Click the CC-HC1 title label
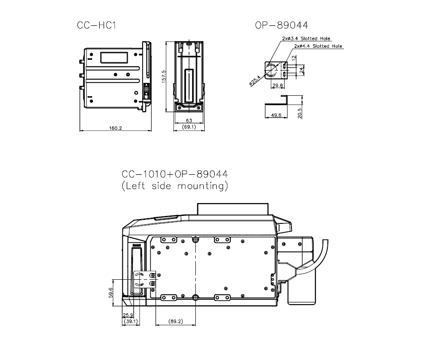point(97,26)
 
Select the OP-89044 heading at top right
point(281,26)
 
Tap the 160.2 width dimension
point(115,128)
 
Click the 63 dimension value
point(189,120)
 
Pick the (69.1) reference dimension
point(189,127)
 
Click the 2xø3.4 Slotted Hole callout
point(306,39)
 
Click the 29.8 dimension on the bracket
point(278,86)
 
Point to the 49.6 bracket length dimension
point(276,115)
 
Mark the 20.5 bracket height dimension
point(300,113)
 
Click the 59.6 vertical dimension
point(111,293)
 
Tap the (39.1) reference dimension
point(130,321)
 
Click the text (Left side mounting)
point(175,186)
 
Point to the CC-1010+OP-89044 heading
point(175,174)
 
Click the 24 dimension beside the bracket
point(302,70)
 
